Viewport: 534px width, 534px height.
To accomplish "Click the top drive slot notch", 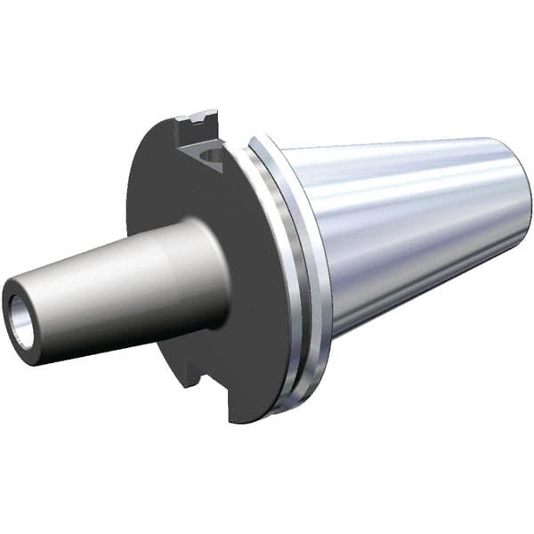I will click(201, 142).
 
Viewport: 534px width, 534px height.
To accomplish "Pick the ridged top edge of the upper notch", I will click(198, 117).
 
